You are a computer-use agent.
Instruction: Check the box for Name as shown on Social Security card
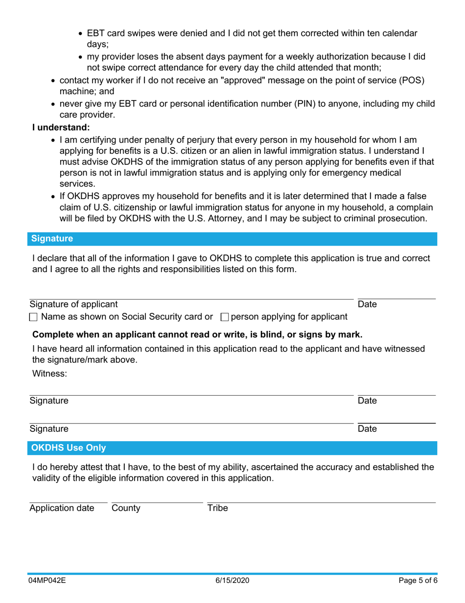click(x=33, y=317)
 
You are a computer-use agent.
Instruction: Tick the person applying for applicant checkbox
click(x=225, y=317)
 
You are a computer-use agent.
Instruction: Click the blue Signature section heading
click(x=52, y=239)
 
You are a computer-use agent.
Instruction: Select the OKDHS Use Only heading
click(x=69, y=448)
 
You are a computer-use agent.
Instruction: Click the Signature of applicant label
click(x=73, y=304)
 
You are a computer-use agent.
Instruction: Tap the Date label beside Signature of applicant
click(x=367, y=304)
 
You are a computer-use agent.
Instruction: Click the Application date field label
click(x=62, y=508)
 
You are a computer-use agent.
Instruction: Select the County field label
click(x=126, y=508)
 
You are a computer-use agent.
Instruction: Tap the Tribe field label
click(x=217, y=508)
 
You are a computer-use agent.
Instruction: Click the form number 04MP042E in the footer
click(x=46, y=580)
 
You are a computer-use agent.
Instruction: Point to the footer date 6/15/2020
click(x=232, y=580)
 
